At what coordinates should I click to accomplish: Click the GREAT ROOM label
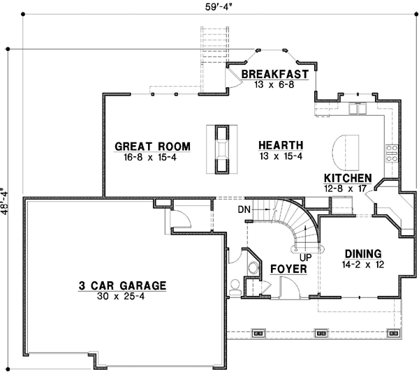coord(152,147)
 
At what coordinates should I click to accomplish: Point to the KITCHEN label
coord(348,179)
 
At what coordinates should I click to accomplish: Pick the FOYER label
coord(287,269)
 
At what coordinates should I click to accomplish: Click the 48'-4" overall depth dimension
coord(7,202)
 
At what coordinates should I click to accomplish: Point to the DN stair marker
coord(244,209)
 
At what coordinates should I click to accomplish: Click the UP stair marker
coord(305,257)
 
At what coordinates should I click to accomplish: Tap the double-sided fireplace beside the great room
coord(221,148)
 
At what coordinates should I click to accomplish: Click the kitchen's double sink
coord(359,108)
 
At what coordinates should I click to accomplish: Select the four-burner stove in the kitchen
coord(392,153)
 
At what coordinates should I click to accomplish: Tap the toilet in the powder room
coord(235,285)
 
